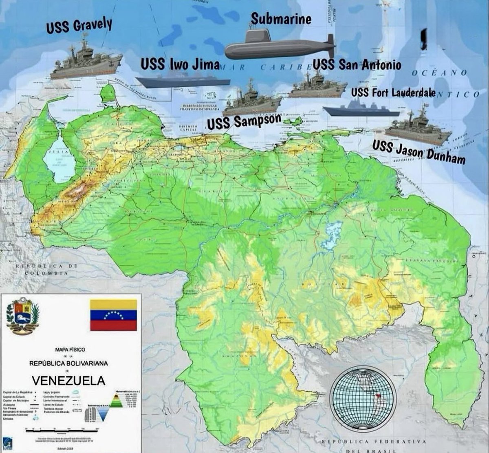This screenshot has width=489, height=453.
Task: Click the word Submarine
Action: tap(281, 18)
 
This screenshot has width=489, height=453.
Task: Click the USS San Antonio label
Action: tap(357, 65)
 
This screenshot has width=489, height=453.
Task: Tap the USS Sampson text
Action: tap(244, 121)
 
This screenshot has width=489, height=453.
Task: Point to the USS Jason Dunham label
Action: tap(419, 152)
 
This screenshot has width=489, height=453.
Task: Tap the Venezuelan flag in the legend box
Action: tap(113, 315)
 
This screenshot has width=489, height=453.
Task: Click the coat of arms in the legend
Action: tap(23, 315)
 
